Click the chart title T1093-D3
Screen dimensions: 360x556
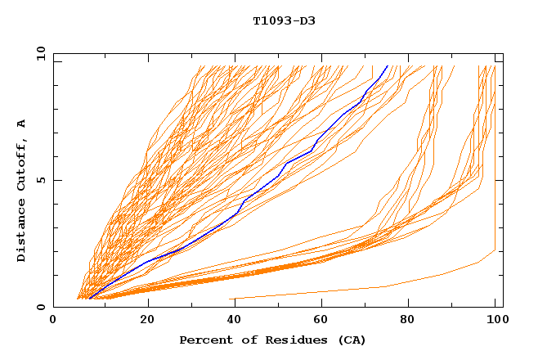point(284,20)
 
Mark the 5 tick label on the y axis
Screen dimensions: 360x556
point(40,180)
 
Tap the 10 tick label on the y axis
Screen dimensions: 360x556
point(38,53)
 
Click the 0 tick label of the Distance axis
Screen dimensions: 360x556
point(40,307)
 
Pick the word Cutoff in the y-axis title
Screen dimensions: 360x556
point(22,164)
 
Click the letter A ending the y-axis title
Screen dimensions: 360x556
point(22,124)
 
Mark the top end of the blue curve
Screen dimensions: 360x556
point(388,66)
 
